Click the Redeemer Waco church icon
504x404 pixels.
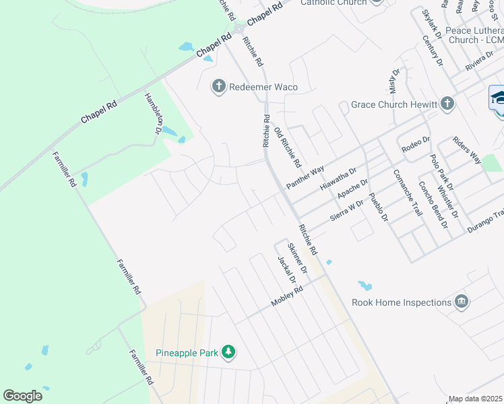(218, 86)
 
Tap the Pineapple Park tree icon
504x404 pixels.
(229, 352)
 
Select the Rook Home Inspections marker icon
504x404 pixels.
(462, 302)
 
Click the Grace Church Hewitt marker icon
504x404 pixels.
(447, 104)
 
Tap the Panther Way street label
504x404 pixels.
(305, 177)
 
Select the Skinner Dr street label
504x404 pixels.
(297, 258)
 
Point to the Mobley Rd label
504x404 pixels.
(288, 296)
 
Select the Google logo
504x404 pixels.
(23, 396)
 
